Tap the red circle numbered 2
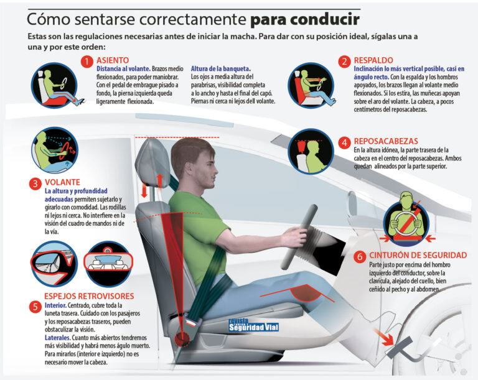pos(344,61)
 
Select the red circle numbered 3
pos(35,183)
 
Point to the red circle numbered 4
pos(344,142)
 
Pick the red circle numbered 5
pos(35,306)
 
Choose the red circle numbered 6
pos(360,256)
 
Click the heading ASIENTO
pos(113,61)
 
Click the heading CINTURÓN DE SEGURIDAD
pos(418,256)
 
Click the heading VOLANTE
pos(63,182)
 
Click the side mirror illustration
pos(53,262)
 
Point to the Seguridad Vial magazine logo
pos(253,325)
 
